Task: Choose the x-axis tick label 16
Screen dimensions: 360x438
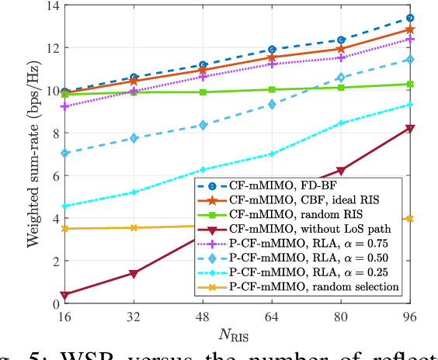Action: pos(65,317)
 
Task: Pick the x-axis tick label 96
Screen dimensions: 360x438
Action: pos(410,317)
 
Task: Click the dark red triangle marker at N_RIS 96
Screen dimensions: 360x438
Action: pos(410,129)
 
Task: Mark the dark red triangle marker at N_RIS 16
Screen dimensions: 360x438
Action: pos(65,295)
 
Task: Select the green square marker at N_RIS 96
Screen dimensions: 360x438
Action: pos(410,84)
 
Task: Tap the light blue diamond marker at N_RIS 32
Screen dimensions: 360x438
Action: pos(134,138)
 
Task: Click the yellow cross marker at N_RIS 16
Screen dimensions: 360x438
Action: pos(65,228)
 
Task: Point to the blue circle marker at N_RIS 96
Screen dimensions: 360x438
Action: pos(410,18)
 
